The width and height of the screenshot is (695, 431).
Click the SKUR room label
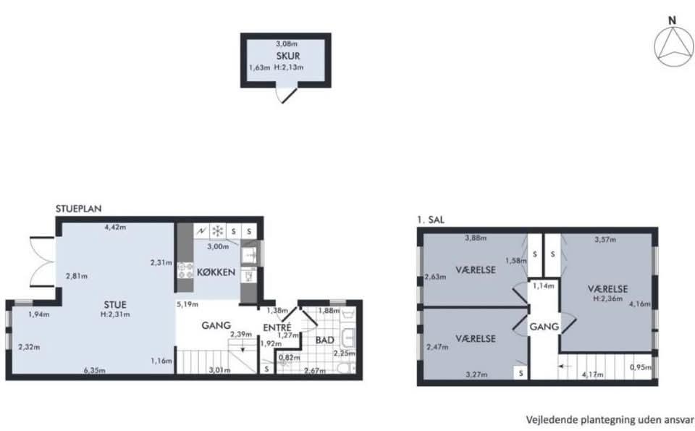click(x=288, y=56)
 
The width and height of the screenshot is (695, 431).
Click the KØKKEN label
click(x=216, y=272)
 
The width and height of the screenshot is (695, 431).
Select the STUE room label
click(x=115, y=305)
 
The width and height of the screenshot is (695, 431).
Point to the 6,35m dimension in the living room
click(x=94, y=370)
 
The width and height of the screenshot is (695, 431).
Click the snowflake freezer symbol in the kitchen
click(x=218, y=230)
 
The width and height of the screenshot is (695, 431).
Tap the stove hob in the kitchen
click(x=185, y=270)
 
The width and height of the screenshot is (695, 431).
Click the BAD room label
click(x=325, y=340)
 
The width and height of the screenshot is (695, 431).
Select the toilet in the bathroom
click(x=345, y=368)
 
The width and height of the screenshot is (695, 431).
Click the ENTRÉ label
click(x=277, y=327)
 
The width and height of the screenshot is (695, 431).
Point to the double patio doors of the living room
click(x=43, y=261)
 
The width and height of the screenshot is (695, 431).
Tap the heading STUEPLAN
click(x=78, y=209)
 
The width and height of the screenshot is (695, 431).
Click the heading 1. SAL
click(x=431, y=219)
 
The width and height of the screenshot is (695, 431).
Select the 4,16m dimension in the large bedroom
click(x=640, y=304)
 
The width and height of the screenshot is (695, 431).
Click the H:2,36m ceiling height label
click(x=607, y=298)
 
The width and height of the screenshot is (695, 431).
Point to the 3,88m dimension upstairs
click(x=476, y=238)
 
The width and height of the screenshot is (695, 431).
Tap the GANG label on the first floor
click(x=544, y=327)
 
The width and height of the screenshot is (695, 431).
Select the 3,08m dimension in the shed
click(x=287, y=44)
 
